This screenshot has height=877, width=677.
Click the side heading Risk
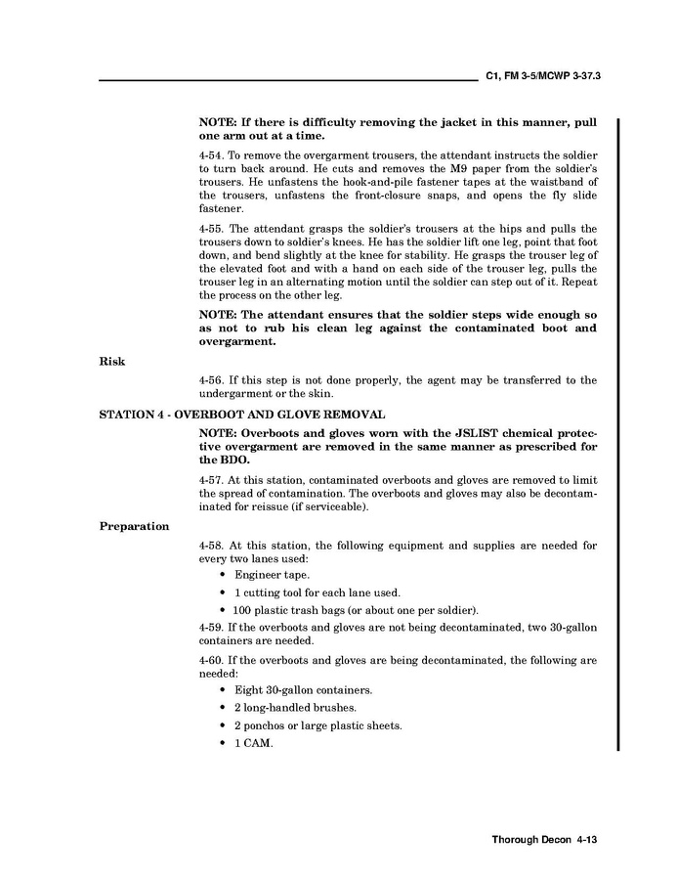[x=111, y=361]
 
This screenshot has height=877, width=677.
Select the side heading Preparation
[x=134, y=526]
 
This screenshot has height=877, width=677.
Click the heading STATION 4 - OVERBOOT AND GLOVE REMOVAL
[x=242, y=415]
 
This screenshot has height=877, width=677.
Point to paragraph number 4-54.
[x=211, y=156]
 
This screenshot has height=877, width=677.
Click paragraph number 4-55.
[x=211, y=229]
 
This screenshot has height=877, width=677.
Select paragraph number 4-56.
[x=211, y=380]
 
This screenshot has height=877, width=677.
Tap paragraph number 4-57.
[x=211, y=480]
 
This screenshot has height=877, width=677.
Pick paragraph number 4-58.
[x=211, y=545]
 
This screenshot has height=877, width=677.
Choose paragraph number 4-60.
[x=211, y=661]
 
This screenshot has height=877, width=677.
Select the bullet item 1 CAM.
[x=252, y=743]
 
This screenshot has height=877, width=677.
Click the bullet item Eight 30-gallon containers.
[x=302, y=690]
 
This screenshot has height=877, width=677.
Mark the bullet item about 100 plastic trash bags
[x=356, y=610]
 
